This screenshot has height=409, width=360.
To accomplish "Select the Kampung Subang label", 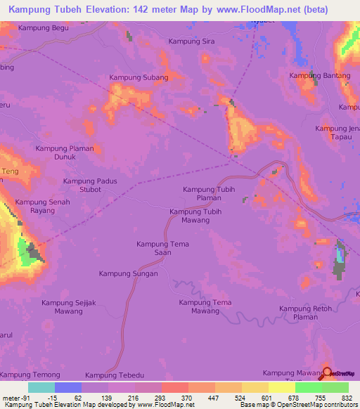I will [x=139, y=77].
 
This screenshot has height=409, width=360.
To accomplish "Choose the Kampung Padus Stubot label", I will [x=89, y=185].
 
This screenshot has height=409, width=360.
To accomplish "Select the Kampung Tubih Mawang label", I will [x=200, y=216].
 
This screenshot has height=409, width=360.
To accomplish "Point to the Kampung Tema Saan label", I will [x=162, y=248].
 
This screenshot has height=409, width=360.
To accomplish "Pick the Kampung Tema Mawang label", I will [x=205, y=306].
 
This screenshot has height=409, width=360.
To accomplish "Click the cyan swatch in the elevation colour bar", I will [x=41, y=387].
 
